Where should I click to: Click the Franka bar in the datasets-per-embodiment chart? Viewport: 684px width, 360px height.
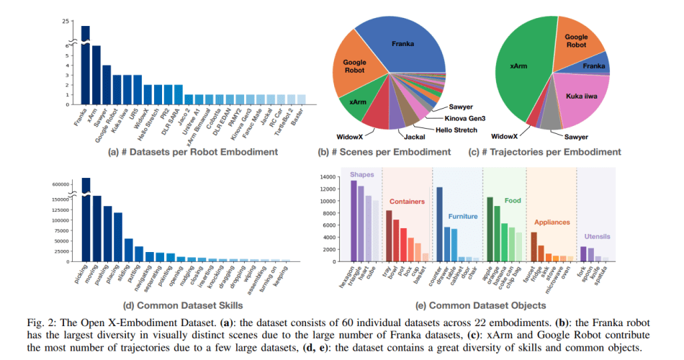click(85, 65)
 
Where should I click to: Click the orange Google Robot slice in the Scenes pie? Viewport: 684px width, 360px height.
click(356, 68)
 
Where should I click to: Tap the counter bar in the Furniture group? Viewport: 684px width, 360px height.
click(438, 223)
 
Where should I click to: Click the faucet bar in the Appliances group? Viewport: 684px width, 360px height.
click(534, 246)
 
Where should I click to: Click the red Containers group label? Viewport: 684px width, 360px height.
click(406, 202)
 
